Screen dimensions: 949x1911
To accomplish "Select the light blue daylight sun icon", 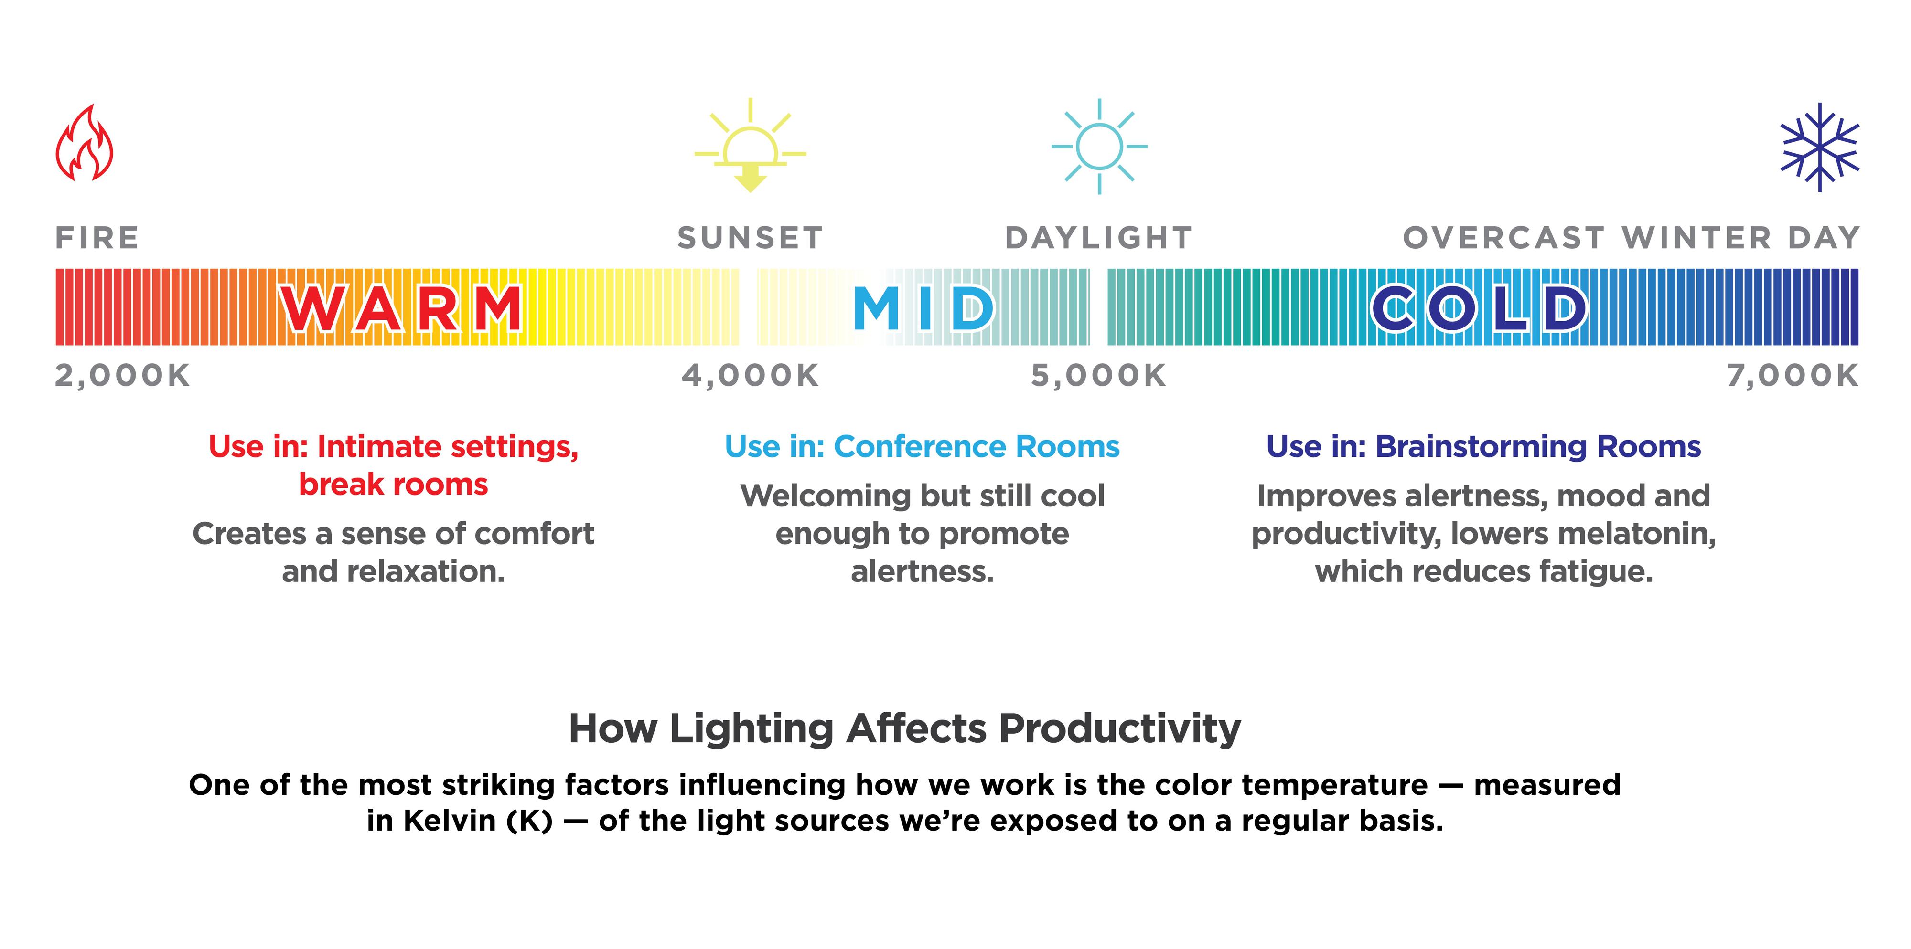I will (x=1099, y=146).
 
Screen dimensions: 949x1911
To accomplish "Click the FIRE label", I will (x=97, y=238).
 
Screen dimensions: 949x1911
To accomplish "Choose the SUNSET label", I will (x=750, y=238).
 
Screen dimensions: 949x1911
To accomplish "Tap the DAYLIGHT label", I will (x=1099, y=238).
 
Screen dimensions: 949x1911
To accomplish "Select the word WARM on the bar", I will (x=401, y=308).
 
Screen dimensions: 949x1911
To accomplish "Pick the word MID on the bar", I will (x=923, y=308).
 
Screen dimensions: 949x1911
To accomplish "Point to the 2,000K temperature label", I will (x=122, y=375).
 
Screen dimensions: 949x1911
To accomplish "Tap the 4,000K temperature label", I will (x=750, y=375).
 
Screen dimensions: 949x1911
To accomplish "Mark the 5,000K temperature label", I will (x=1099, y=375).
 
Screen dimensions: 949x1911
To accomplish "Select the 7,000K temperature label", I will (x=1793, y=375).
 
